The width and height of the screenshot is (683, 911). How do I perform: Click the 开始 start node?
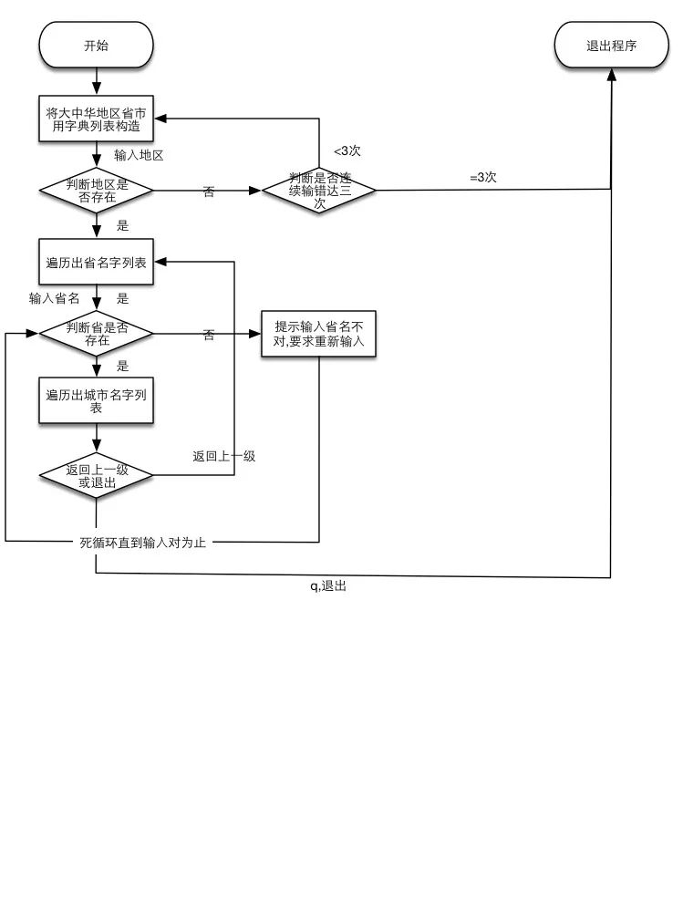pyautogui.click(x=96, y=45)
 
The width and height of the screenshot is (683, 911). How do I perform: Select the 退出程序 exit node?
pyautogui.click(x=611, y=45)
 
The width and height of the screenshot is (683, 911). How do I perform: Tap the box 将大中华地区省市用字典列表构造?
pyautogui.click(x=96, y=119)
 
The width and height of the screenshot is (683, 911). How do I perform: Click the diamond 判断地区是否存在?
pyautogui.click(x=96, y=191)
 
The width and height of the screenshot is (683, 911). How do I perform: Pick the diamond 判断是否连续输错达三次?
pyautogui.click(x=319, y=191)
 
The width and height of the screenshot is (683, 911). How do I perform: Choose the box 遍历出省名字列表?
pyautogui.click(x=96, y=263)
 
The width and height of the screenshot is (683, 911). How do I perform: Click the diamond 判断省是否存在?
pyautogui.click(x=96, y=334)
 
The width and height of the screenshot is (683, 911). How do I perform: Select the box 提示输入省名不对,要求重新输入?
pyautogui.click(x=319, y=334)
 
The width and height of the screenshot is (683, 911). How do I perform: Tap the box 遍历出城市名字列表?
pyautogui.click(x=96, y=400)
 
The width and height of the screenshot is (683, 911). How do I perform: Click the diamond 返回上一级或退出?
pyautogui.click(x=96, y=476)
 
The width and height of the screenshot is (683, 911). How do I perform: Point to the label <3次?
pyautogui.click(x=347, y=150)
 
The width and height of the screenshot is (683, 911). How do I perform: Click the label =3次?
pyautogui.click(x=482, y=177)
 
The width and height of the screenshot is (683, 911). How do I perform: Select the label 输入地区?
pyautogui.click(x=139, y=155)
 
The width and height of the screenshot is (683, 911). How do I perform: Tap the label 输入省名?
pyautogui.click(x=54, y=298)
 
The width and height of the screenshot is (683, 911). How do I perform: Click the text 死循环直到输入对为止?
pyautogui.click(x=143, y=542)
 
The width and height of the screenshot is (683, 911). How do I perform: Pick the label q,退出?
pyautogui.click(x=328, y=585)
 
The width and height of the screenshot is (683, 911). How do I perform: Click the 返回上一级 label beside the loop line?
pyautogui.click(x=223, y=456)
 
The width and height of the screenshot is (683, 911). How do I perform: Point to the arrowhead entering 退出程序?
pyautogui.click(x=611, y=75)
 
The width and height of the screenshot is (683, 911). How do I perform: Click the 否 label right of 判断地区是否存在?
pyautogui.click(x=209, y=192)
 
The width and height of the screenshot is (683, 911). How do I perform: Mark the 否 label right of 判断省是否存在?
pyautogui.click(x=209, y=335)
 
